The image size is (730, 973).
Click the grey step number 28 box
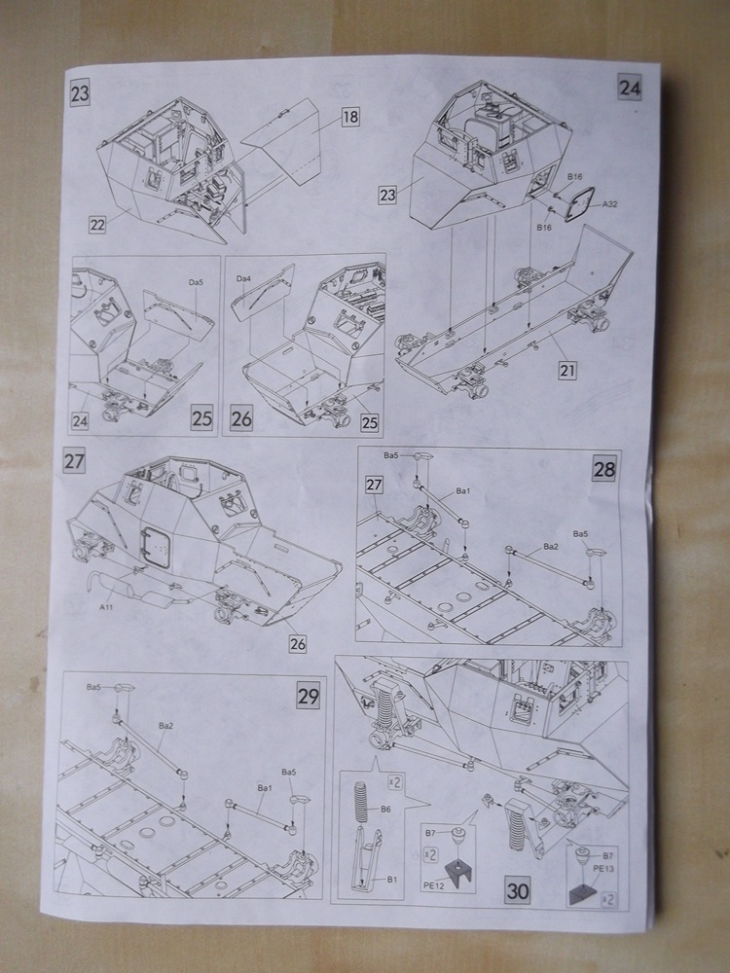[x=603, y=469]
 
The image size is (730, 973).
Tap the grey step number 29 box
[x=308, y=696]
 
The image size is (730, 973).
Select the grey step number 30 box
[x=517, y=889]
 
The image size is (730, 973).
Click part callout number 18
[x=350, y=117]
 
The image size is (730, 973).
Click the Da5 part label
[x=196, y=282]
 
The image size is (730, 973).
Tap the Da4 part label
[x=244, y=279]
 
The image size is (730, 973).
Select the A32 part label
[x=610, y=204]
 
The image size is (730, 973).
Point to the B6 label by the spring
[x=385, y=810]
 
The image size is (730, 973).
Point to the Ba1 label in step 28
[x=463, y=491]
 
